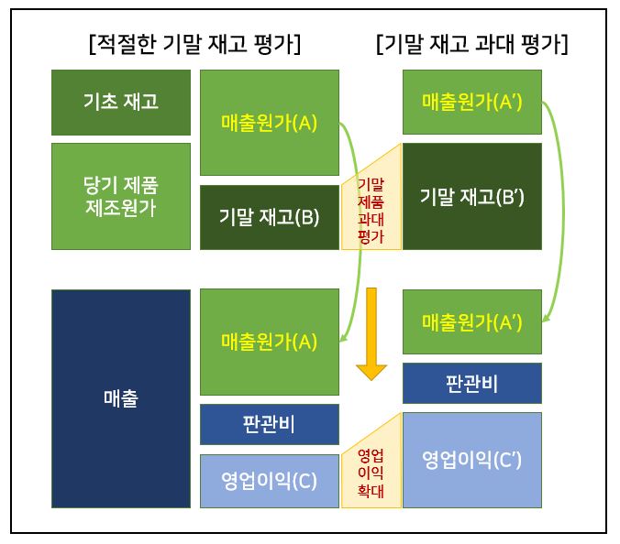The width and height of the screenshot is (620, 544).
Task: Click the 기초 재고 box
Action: click(121, 102)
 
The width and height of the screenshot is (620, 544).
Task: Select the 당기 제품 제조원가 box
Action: click(121, 195)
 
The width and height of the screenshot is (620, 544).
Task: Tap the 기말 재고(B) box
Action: click(269, 217)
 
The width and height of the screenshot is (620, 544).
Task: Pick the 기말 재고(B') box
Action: click(471, 196)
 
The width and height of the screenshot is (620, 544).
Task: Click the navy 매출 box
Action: click(121, 398)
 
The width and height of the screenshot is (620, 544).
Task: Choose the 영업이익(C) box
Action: click(269, 481)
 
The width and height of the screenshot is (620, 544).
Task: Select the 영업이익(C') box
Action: click(471, 460)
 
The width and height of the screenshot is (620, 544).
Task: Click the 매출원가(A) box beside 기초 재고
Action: click(269, 122)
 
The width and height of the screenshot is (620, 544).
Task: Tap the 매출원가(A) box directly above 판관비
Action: click(269, 342)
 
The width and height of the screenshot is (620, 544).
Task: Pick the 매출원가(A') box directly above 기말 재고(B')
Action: click(471, 102)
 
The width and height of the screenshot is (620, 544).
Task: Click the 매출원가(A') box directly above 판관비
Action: click(471, 321)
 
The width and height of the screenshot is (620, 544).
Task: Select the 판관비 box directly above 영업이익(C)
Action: click(269, 424)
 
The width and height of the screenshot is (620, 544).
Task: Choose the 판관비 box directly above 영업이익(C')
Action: click(471, 383)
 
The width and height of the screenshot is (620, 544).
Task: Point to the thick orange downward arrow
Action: click(371, 334)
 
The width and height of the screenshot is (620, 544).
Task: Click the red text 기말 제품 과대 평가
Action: click(371, 211)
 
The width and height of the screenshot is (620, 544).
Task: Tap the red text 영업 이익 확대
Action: click(371, 473)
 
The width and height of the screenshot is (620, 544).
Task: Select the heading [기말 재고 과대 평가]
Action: click(472, 43)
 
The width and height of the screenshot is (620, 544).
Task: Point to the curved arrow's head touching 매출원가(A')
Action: click(546, 320)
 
